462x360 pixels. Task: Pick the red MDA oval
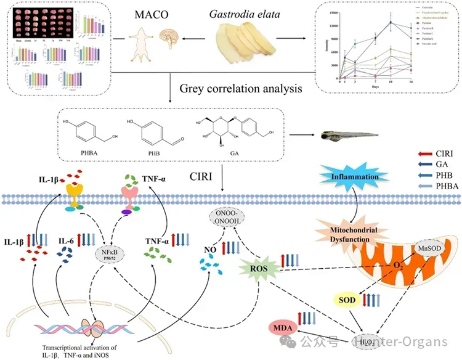[282, 325]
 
